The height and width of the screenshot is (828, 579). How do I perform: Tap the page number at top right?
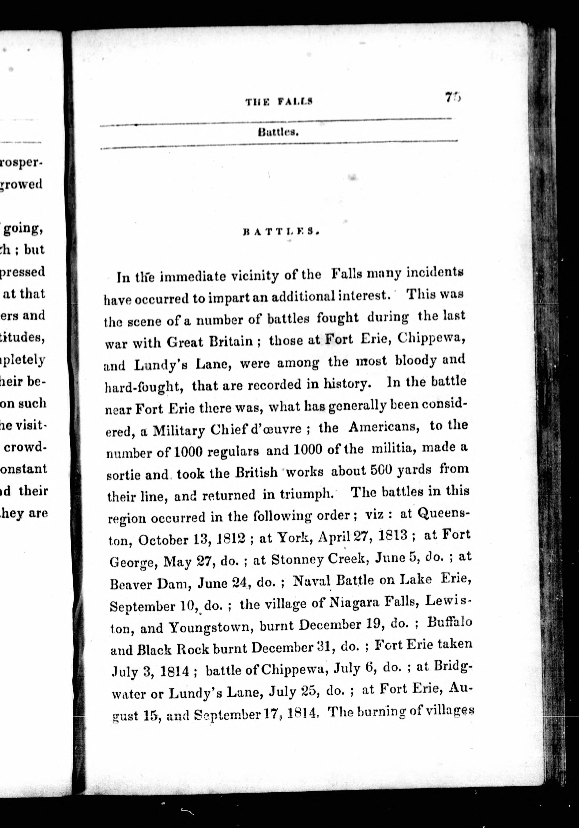point(453,97)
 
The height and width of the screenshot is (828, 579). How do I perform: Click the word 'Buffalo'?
point(449,623)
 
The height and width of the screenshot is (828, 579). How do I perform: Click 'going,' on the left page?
point(23,229)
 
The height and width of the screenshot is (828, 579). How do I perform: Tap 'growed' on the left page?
point(22,184)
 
